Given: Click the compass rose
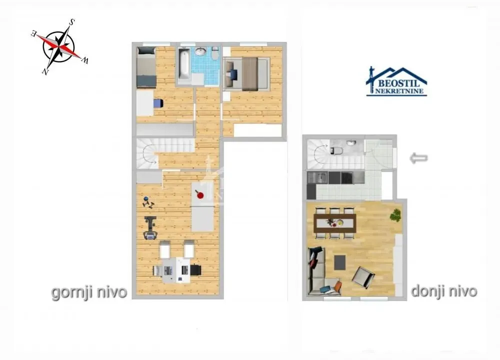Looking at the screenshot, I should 60,46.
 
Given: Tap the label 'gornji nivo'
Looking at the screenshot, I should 89,292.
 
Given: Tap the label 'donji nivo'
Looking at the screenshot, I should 444,291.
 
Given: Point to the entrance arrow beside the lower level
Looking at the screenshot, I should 418,158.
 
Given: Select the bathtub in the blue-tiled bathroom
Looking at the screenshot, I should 182,65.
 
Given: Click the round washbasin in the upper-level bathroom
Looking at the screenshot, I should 200,51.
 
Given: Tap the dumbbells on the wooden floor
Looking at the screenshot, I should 148,202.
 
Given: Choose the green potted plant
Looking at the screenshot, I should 396,215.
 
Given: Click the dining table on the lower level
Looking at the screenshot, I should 334,222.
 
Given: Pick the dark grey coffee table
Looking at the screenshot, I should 340,261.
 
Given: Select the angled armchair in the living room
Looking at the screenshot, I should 363,276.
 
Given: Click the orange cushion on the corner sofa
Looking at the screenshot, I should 337,286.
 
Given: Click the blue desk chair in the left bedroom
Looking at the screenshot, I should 158,103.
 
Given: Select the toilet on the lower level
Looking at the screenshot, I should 336,149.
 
